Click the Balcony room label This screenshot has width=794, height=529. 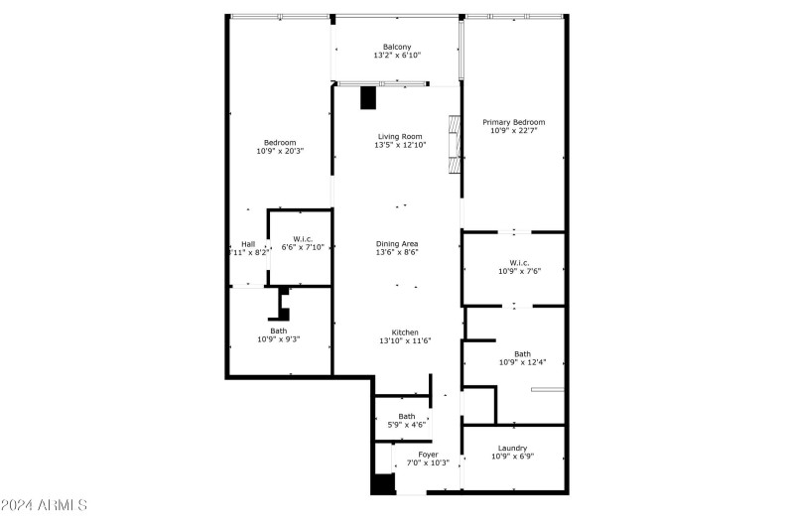pos(398,46)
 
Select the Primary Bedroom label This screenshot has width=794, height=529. pos(513,122)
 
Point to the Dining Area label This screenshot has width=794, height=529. pos(397,243)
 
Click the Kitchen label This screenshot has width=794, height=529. pos(404,332)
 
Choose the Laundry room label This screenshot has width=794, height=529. pos(513,448)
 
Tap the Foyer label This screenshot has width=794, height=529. pos(428,454)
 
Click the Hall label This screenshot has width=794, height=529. pos(248,244)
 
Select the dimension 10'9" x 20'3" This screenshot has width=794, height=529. pos(280,151)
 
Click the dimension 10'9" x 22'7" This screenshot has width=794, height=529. pos(513,131)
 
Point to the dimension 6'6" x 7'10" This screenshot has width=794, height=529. pos(303,246)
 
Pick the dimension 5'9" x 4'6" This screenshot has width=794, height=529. pos(407,426)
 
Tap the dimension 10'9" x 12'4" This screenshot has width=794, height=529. pos(521,362)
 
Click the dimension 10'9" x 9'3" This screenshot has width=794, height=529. pos(279,339)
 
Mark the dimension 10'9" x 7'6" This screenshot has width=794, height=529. pos(519,271)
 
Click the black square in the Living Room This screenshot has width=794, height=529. pos(369,97)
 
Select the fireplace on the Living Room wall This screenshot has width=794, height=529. pos(456,145)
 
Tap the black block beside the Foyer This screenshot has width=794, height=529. pos(382,483)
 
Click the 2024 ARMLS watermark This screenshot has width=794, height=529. pos(44,505)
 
